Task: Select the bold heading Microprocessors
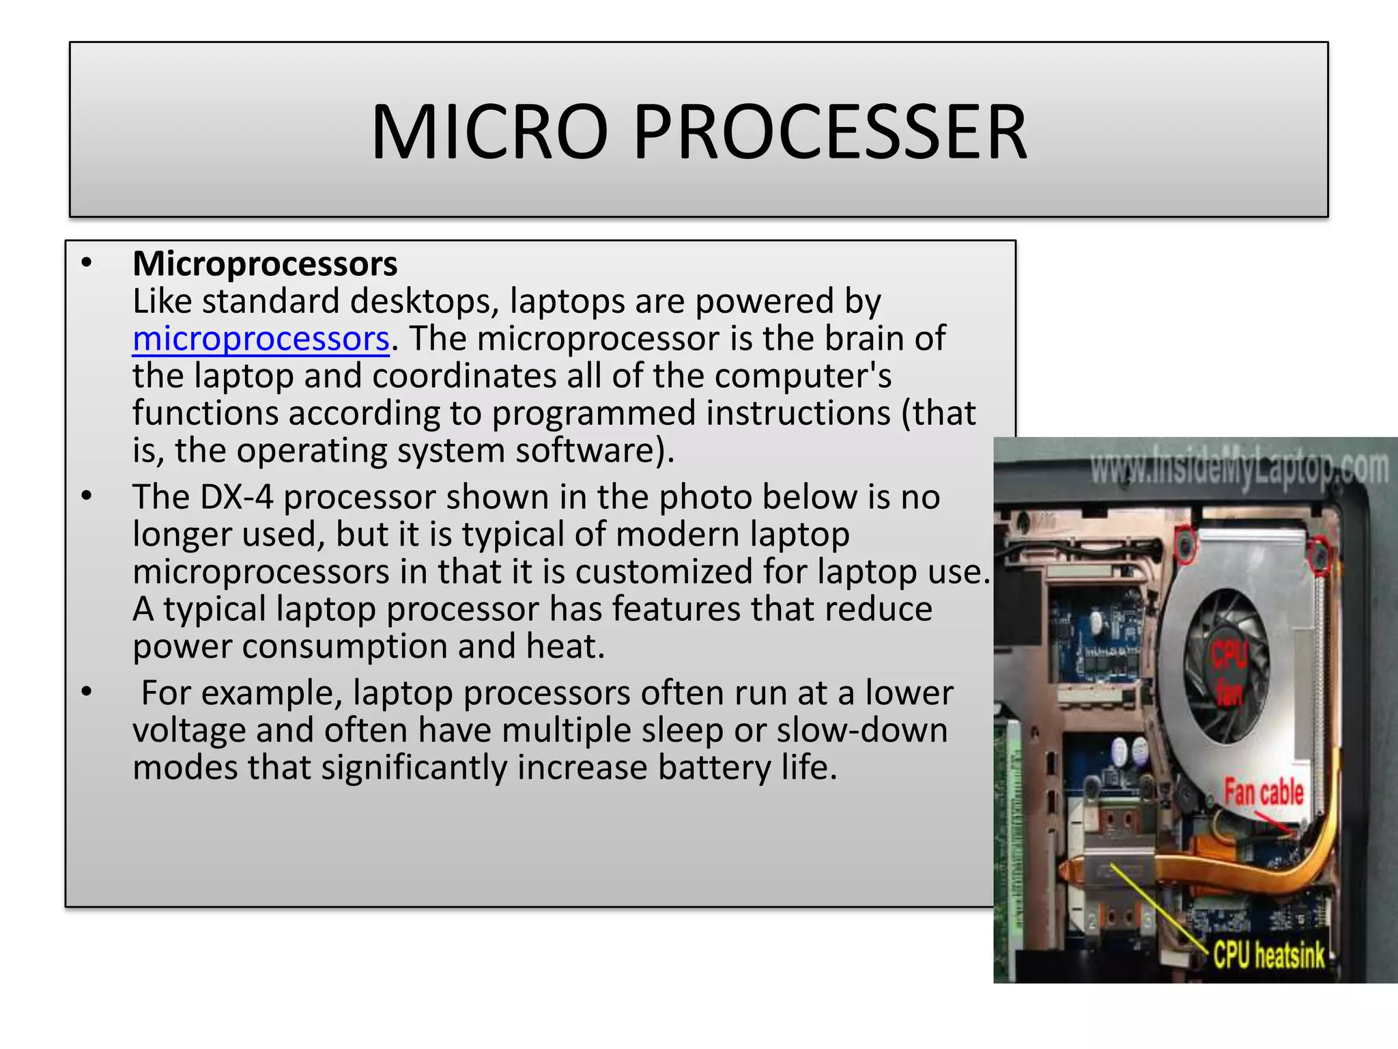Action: point(265,264)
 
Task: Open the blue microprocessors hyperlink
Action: point(261,339)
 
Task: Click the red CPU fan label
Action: point(1229,673)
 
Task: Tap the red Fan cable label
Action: point(1264,792)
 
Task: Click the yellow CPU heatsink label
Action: point(1268,955)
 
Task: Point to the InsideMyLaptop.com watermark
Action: point(1239,468)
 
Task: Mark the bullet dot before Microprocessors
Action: point(86,263)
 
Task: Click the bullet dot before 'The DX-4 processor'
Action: point(86,496)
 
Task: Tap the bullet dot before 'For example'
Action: point(86,693)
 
